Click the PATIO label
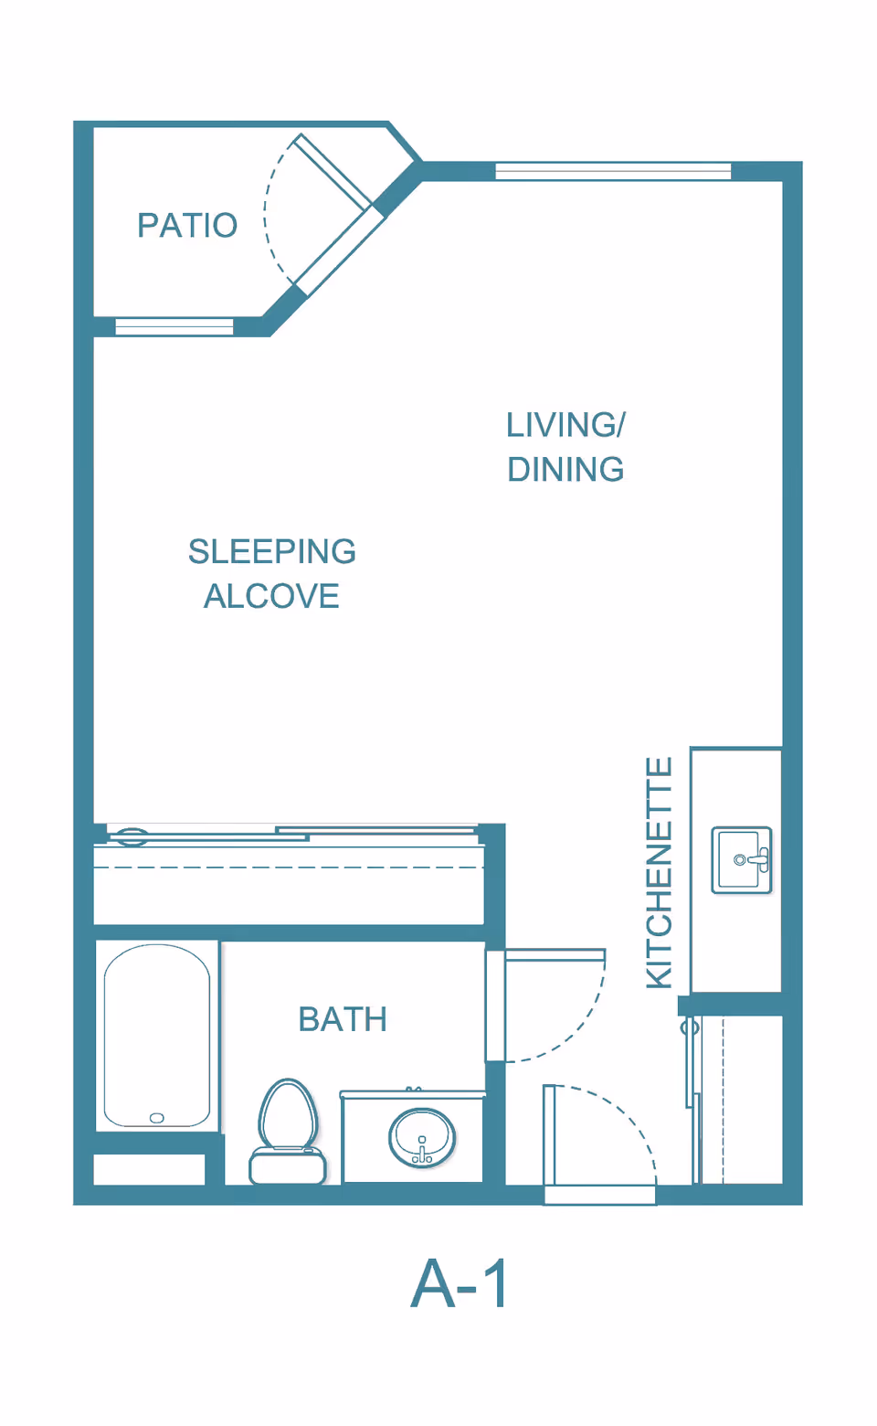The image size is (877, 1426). pyautogui.click(x=188, y=226)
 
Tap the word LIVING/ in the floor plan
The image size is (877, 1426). pyautogui.click(x=565, y=425)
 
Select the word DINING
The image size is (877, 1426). pyautogui.click(x=565, y=469)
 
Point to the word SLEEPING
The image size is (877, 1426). pyautogui.click(x=271, y=551)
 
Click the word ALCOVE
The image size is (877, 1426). pyautogui.click(x=271, y=596)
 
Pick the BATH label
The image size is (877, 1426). pyautogui.click(x=343, y=1019)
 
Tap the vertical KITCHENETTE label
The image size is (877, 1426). pyautogui.click(x=659, y=873)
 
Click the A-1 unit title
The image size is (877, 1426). pyautogui.click(x=460, y=1283)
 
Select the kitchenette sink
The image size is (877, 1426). pyautogui.click(x=742, y=860)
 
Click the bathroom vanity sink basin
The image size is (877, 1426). pyautogui.click(x=422, y=1138)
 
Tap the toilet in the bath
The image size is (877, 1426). pyautogui.click(x=288, y=1132)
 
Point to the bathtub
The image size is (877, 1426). pyautogui.click(x=157, y=1036)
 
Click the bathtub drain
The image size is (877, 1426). pyautogui.click(x=156, y=1118)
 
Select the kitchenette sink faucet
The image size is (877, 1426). pyautogui.click(x=755, y=860)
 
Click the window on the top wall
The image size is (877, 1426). pyautogui.click(x=614, y=171)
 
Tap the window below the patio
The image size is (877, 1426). pyautogui.click(x=174, y=326)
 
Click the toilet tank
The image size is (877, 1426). pyautogui.click(x=288, y=1165)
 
